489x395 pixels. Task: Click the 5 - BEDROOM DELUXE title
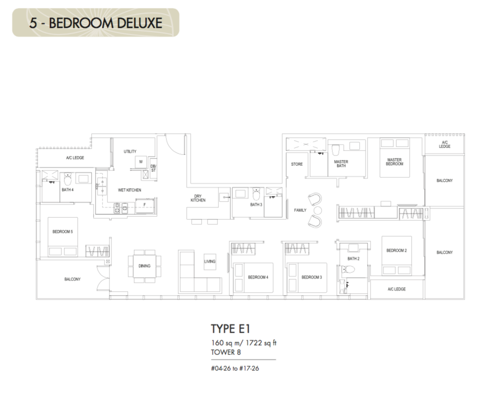pos(96,23)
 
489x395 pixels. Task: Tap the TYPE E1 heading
pos(230,329)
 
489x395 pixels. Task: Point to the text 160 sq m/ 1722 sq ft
pos(244,343)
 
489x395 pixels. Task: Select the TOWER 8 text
pos(226,352)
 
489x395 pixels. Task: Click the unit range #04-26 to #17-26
pos(235,369)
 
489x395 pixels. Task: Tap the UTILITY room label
pos(130,151)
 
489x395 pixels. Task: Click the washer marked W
pos(141,162)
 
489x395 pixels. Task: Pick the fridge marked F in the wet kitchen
pos(144,205)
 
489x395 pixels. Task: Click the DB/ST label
pos(154,168)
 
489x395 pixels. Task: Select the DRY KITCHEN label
pos(198,198)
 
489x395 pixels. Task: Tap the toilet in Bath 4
pos(68,179)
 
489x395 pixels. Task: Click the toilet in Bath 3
pos(256,194)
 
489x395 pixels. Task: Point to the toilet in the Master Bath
pos(336,150)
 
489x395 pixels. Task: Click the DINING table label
pos(144,266)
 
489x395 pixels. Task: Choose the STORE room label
pos(297,164)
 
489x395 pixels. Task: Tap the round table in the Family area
pos(318,210)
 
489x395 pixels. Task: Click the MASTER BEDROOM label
pos(394,162)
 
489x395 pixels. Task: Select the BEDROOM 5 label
pos(63,232)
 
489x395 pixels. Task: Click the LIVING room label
pos(210,261)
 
